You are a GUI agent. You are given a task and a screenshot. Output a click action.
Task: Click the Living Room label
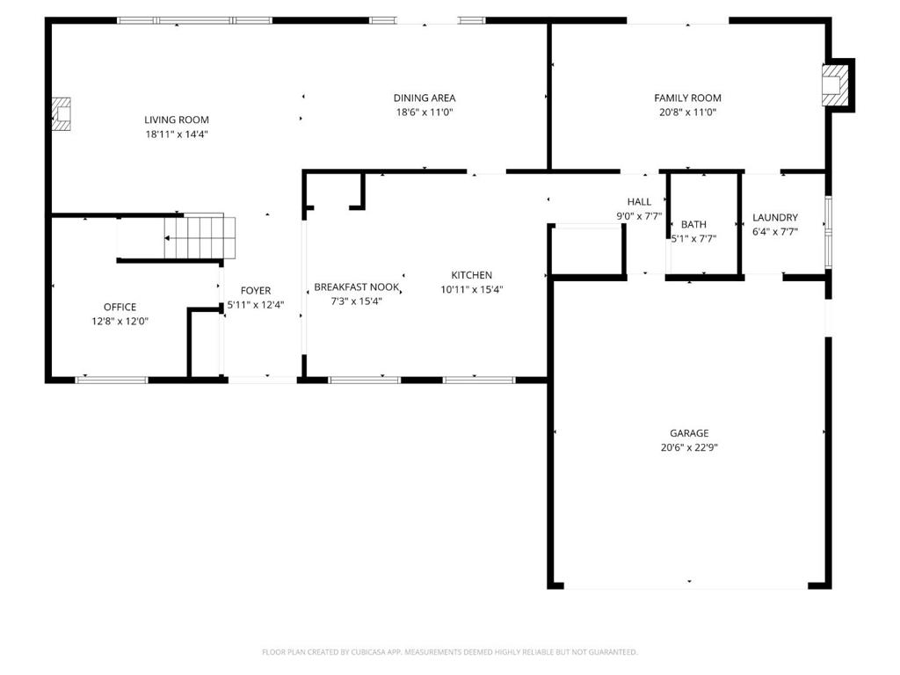(176, 120)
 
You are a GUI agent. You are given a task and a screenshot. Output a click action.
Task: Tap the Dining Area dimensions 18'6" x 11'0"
(425, 112)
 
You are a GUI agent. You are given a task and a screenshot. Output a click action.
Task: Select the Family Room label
(687, 98)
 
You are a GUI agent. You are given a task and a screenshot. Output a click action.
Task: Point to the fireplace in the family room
(835, 85)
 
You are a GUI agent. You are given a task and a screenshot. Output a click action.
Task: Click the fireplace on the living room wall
(62, 114)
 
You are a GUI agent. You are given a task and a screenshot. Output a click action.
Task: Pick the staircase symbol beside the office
(200, 237)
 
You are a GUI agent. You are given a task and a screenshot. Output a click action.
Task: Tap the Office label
(120, 307)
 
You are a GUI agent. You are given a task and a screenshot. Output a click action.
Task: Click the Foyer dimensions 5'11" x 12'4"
(256, 305)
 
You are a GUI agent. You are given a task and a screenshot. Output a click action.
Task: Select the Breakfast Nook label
(357, 287)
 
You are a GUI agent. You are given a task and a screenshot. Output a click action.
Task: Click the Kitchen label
(471, 275)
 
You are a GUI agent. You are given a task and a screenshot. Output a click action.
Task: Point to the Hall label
(639, 202)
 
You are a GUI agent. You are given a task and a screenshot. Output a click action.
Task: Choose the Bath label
(693, 224)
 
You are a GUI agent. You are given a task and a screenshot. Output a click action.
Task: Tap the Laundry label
(775, 218)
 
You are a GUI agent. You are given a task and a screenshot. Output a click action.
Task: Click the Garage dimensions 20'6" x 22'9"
(689, 447)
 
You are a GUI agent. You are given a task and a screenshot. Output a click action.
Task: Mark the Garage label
(689, 433)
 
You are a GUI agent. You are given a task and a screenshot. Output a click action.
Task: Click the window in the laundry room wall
(828, 232)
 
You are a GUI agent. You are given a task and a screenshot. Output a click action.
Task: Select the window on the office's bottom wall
(112, 380)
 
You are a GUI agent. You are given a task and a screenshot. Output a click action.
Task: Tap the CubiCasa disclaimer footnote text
(449, 652)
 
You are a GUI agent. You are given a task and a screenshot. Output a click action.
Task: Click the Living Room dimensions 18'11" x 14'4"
(176, 134)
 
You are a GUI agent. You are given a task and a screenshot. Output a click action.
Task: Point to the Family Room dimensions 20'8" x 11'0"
(687, 112)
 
